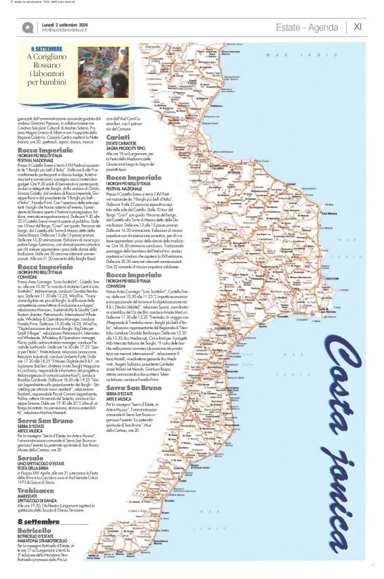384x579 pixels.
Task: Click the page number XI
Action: tap(358, 26)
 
